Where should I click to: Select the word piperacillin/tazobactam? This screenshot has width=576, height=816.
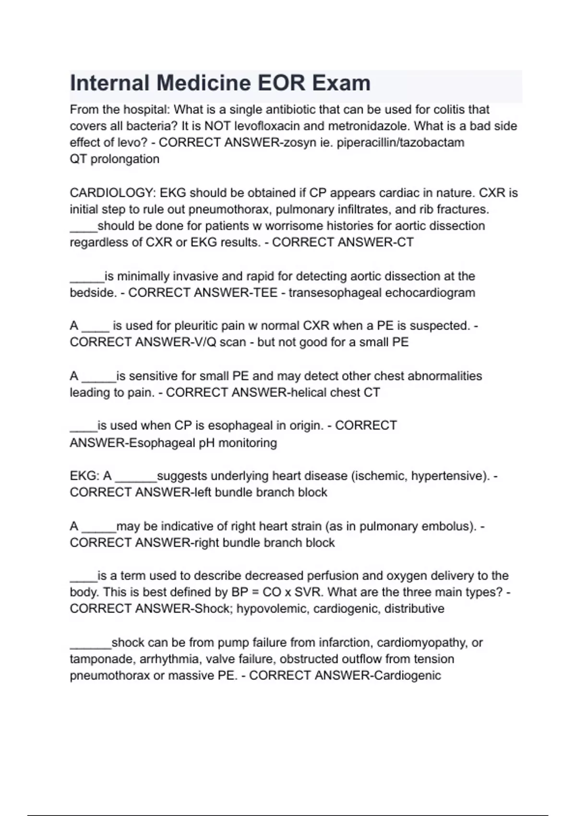click(400, 143)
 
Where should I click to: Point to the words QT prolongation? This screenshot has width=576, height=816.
click(114, 159)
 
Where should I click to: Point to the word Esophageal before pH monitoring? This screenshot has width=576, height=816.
click(162, 443)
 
